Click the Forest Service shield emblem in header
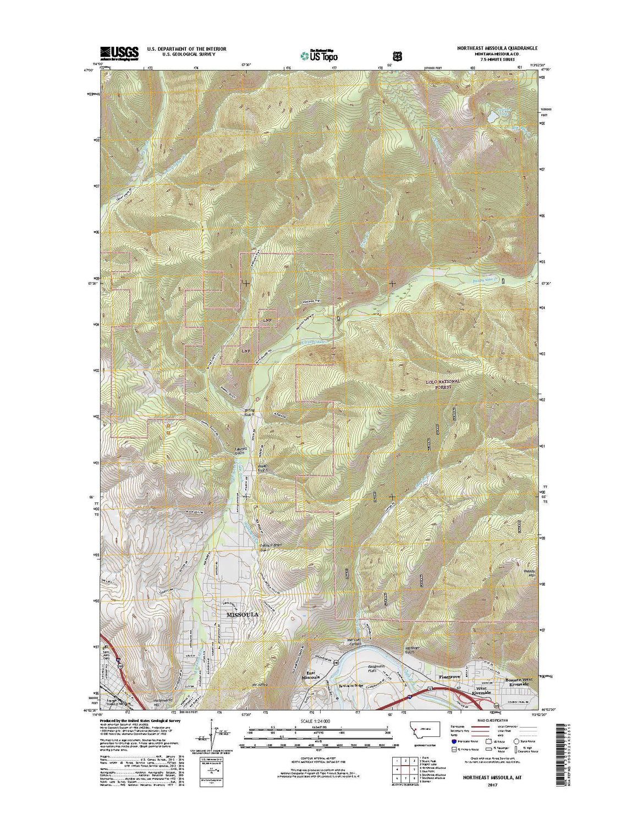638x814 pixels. coord(397,56)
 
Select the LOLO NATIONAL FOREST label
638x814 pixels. coord(442,384)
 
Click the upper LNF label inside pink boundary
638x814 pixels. coord(267,320)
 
